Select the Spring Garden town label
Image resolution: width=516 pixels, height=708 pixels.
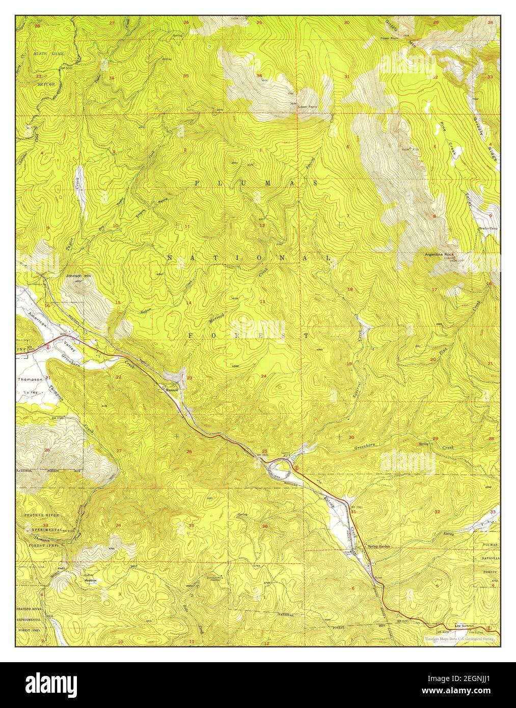point(379,546)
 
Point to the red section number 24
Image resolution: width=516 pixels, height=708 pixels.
point(263,376)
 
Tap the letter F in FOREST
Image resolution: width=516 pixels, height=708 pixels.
point(192,336)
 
